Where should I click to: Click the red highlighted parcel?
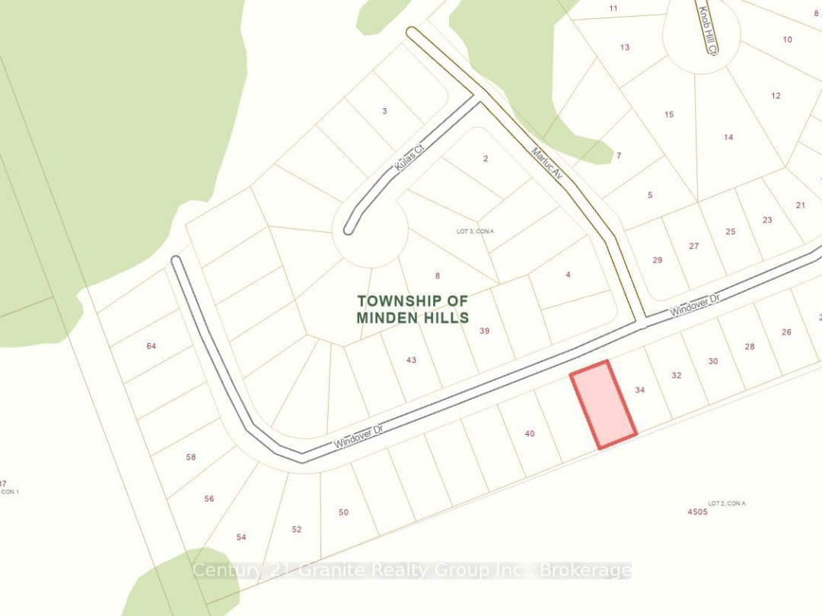click(604, 405)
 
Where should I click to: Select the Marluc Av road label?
click(547, 163)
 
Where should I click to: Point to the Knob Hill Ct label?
click(707, 31)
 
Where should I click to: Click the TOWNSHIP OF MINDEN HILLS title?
click(413, 310)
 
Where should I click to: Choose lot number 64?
click(151, 346)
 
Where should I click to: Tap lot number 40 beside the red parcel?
click(530, 433)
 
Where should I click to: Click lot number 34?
click(640, 390)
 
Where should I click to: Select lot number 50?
click(343, 513)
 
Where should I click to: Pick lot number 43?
click(411, 360)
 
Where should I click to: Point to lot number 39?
click(485, 331)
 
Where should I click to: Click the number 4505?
click(697, 512)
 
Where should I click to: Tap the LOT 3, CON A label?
click(476, 231)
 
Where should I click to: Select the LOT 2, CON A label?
click(727, 503)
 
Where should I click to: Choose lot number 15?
click(669, 115)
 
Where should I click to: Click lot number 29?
click(658, 260)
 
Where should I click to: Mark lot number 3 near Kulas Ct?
click(384, 111)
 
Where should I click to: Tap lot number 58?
click(191, 457)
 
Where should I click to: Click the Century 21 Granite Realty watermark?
click(412, 570)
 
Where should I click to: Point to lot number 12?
click(776, 96)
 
